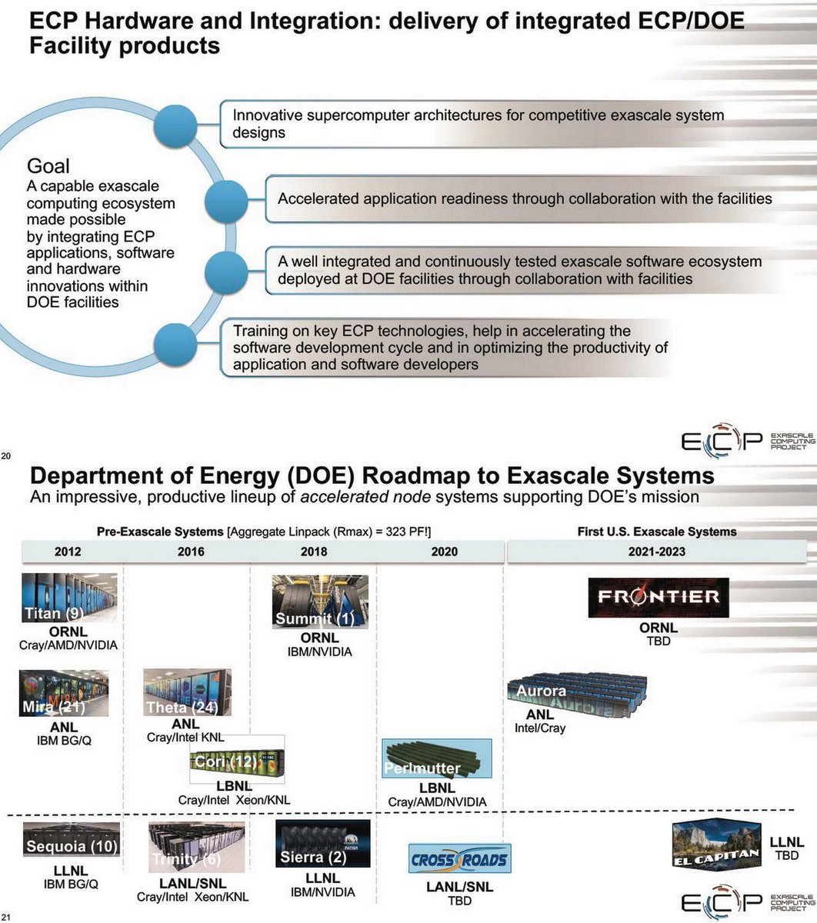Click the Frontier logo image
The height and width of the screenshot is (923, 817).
(658, 598)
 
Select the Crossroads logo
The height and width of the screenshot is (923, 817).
(459, 859)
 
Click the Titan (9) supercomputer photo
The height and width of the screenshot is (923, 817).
(69, 597)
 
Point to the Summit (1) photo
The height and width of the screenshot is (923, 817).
(320, 601)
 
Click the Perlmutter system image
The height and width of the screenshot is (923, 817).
(436, 758)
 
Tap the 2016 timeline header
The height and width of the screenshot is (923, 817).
(191, 551)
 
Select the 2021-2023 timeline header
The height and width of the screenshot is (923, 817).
(656, 551)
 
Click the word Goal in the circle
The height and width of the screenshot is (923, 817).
(48, 165)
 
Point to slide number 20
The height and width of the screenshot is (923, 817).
(6, 457)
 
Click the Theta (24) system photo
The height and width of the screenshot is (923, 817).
(187, 692)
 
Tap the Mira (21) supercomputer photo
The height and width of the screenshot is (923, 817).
(64, 693)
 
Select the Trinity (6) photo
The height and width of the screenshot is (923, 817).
(196, 846)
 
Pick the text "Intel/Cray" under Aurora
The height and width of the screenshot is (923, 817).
(539, 728)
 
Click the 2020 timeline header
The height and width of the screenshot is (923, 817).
(445, 551)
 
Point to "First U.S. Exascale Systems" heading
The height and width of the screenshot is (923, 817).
(657, 531)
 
